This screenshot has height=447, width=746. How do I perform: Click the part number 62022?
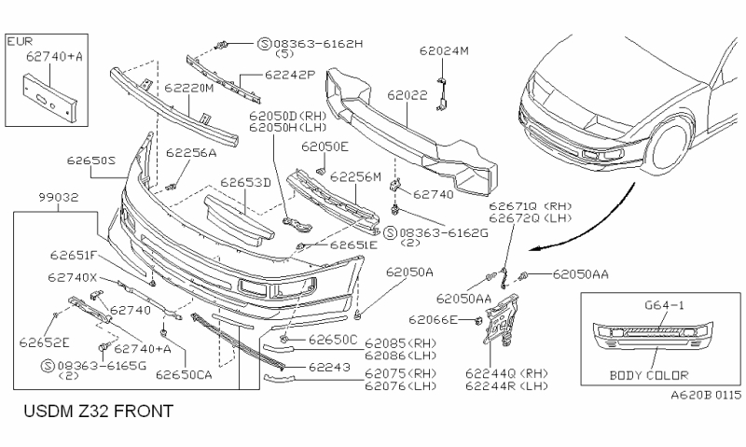408,95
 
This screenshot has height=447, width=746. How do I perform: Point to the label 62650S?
90,160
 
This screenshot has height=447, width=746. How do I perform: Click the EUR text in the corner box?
20,42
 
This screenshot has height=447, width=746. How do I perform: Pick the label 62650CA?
185,374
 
